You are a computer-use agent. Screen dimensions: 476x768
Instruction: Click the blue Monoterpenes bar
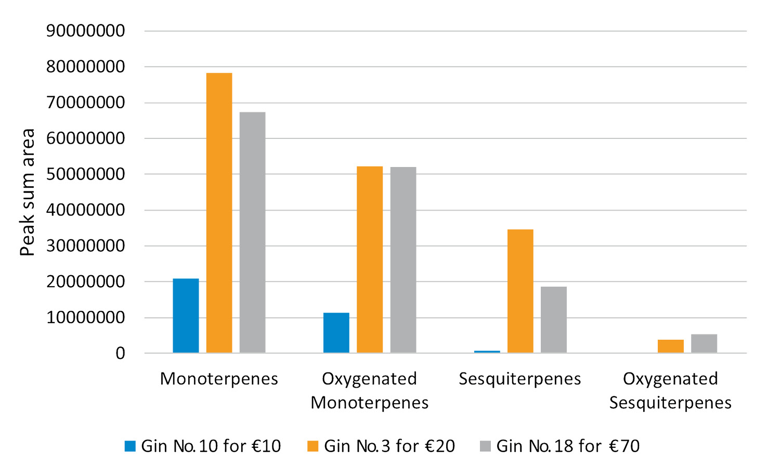186,316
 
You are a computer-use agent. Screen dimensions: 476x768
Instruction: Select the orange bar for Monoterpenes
219,213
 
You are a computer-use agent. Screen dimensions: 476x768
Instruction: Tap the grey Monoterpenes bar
252,233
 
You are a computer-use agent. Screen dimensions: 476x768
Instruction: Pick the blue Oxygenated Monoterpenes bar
336,333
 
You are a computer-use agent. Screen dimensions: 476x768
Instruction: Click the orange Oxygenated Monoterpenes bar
370,260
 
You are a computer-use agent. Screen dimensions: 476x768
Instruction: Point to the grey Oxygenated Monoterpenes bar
403,260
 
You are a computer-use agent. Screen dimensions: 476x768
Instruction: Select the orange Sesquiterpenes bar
520,291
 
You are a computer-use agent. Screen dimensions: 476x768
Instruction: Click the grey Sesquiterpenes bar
554,320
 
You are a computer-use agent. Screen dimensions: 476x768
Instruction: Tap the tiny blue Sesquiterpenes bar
487,352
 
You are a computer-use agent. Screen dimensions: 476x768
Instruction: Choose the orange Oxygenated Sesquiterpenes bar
671,346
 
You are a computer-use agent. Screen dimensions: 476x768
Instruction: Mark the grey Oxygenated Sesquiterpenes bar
704,344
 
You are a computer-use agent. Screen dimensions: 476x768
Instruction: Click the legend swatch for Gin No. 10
130,446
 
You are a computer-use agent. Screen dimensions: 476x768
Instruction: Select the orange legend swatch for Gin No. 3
313,446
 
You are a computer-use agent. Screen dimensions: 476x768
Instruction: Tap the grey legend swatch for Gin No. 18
485,446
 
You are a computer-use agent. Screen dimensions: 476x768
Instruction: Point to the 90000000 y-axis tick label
85,31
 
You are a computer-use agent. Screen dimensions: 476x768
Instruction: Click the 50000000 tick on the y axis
85,174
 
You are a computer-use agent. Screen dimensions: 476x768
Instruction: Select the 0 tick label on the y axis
121,354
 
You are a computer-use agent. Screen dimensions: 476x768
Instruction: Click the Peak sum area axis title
27,192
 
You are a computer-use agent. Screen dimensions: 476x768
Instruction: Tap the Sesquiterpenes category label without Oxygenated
519,379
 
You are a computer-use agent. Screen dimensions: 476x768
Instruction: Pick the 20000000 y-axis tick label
85,282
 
